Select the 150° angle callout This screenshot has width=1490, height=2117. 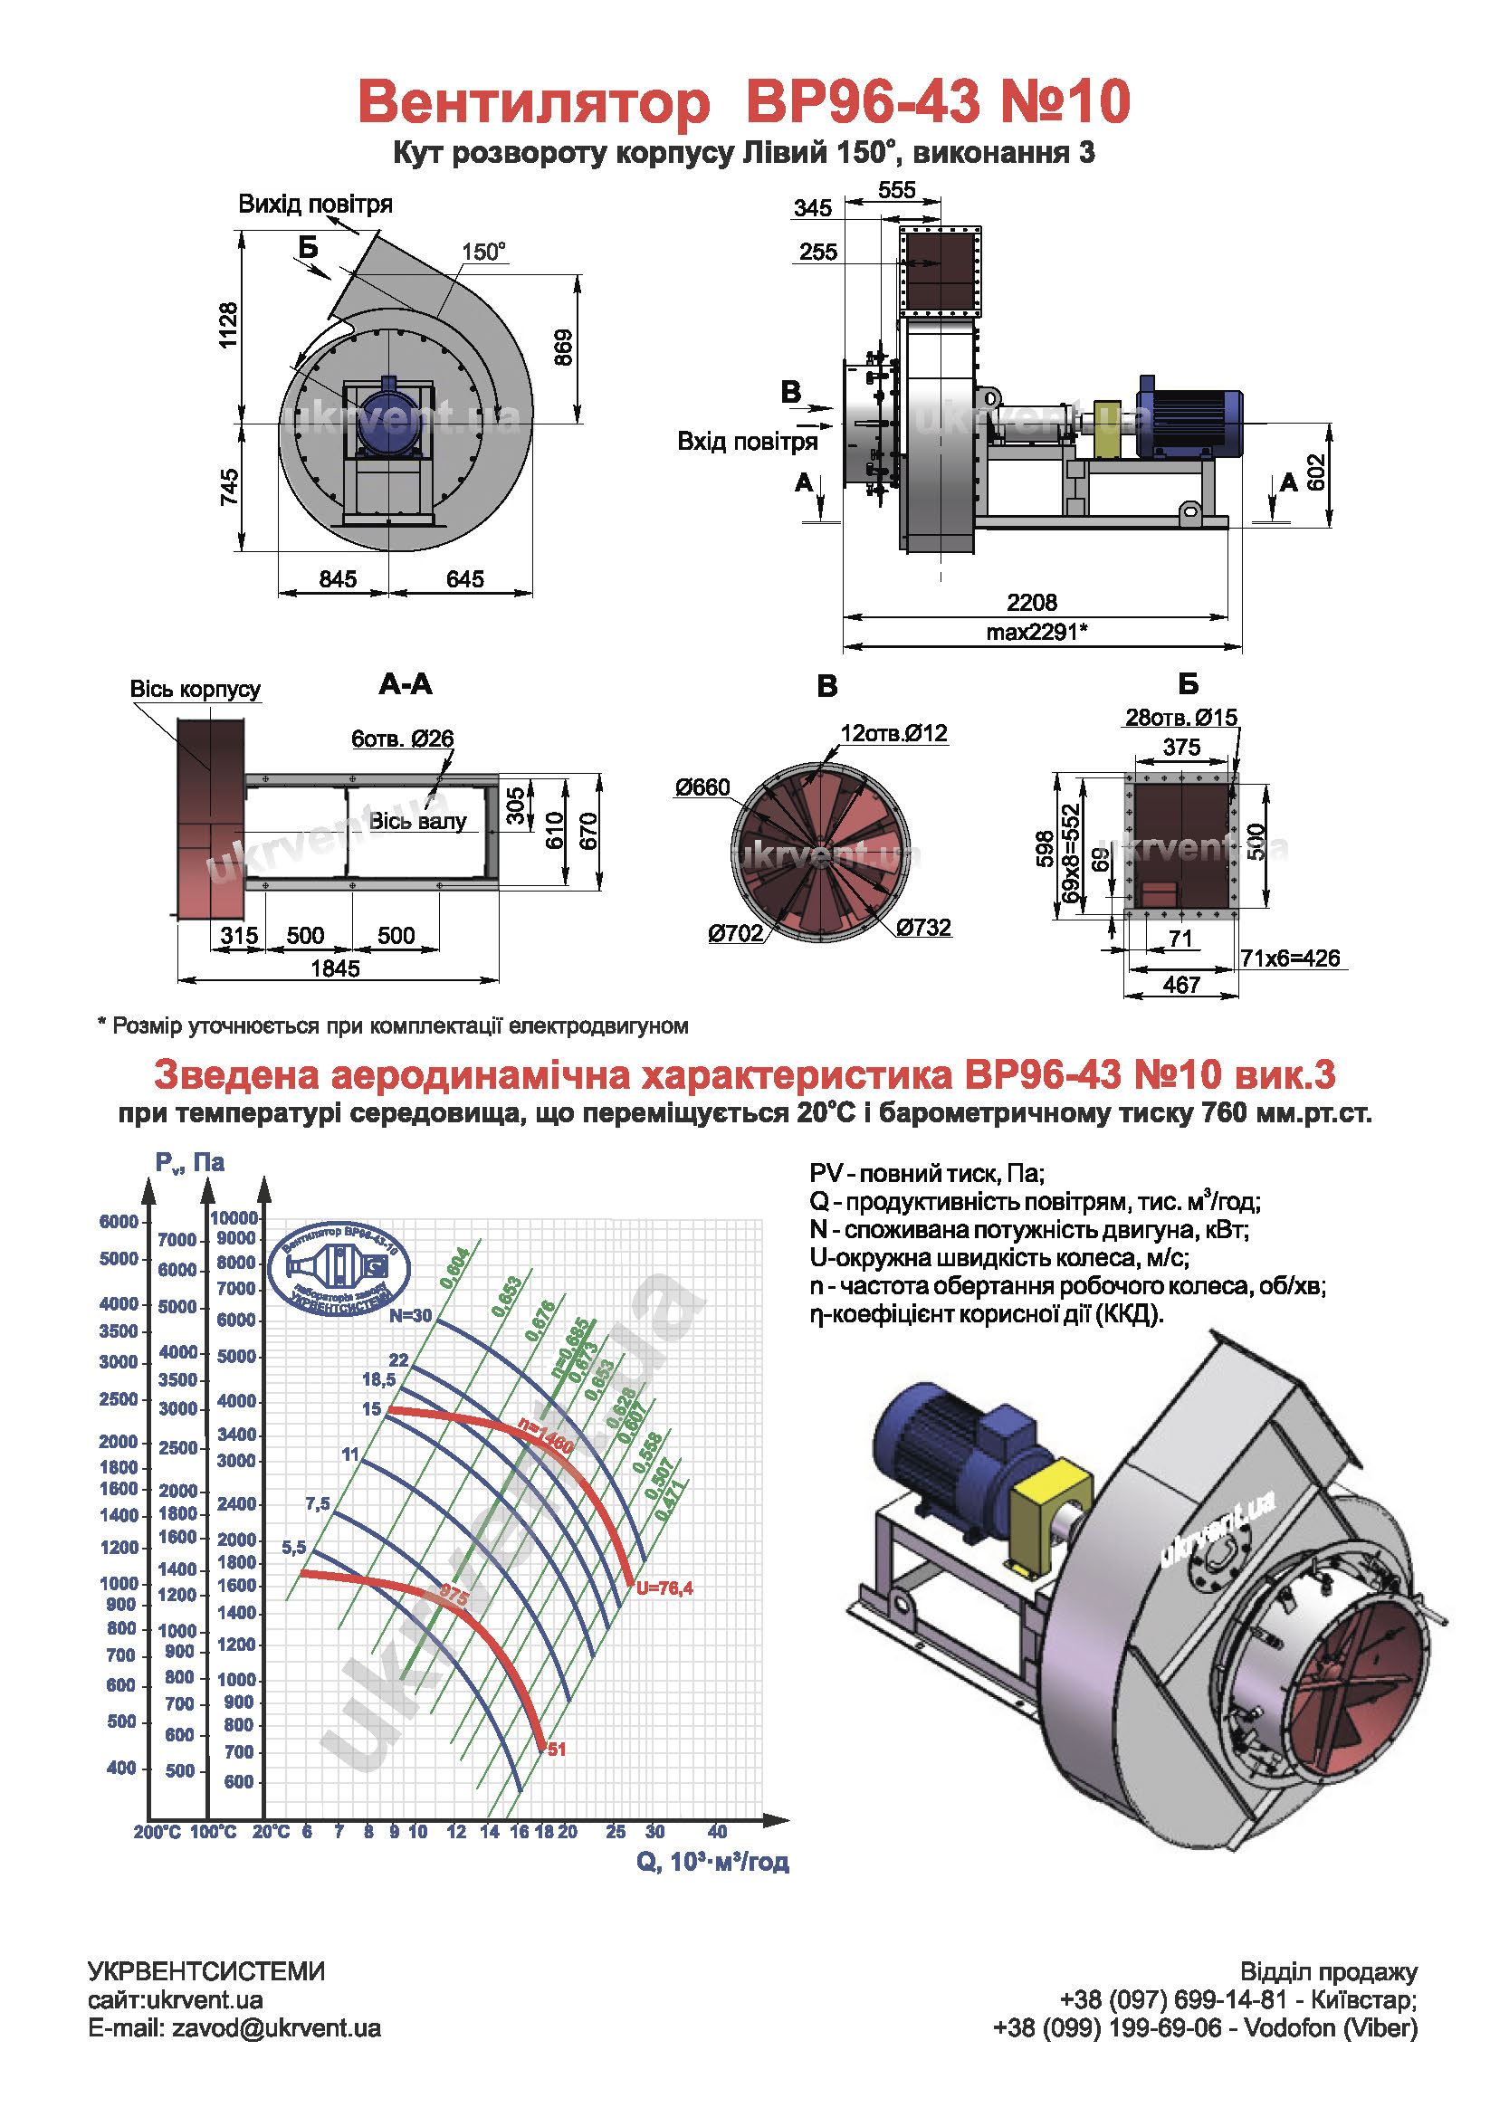[483, 252]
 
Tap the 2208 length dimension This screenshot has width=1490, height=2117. [1032, 602]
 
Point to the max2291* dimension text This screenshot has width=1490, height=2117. [1036, 632]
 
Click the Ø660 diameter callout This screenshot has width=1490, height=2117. [702, 787]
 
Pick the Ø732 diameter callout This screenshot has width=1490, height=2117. [923, 927]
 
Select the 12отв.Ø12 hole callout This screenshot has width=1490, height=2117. [893, 733]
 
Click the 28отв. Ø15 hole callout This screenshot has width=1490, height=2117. [1181, 718]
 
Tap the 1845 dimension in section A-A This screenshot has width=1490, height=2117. [335, 968]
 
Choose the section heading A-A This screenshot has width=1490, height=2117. [406, 684]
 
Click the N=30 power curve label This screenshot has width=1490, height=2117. [410, 1316]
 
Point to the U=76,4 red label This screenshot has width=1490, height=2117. [664, 1588]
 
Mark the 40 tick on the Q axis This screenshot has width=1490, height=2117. [717, 1831]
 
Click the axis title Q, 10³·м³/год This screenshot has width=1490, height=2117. [712, 1862]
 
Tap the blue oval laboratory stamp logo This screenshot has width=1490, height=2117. [339, 1269]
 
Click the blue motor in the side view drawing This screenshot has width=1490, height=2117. [1189, 420]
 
